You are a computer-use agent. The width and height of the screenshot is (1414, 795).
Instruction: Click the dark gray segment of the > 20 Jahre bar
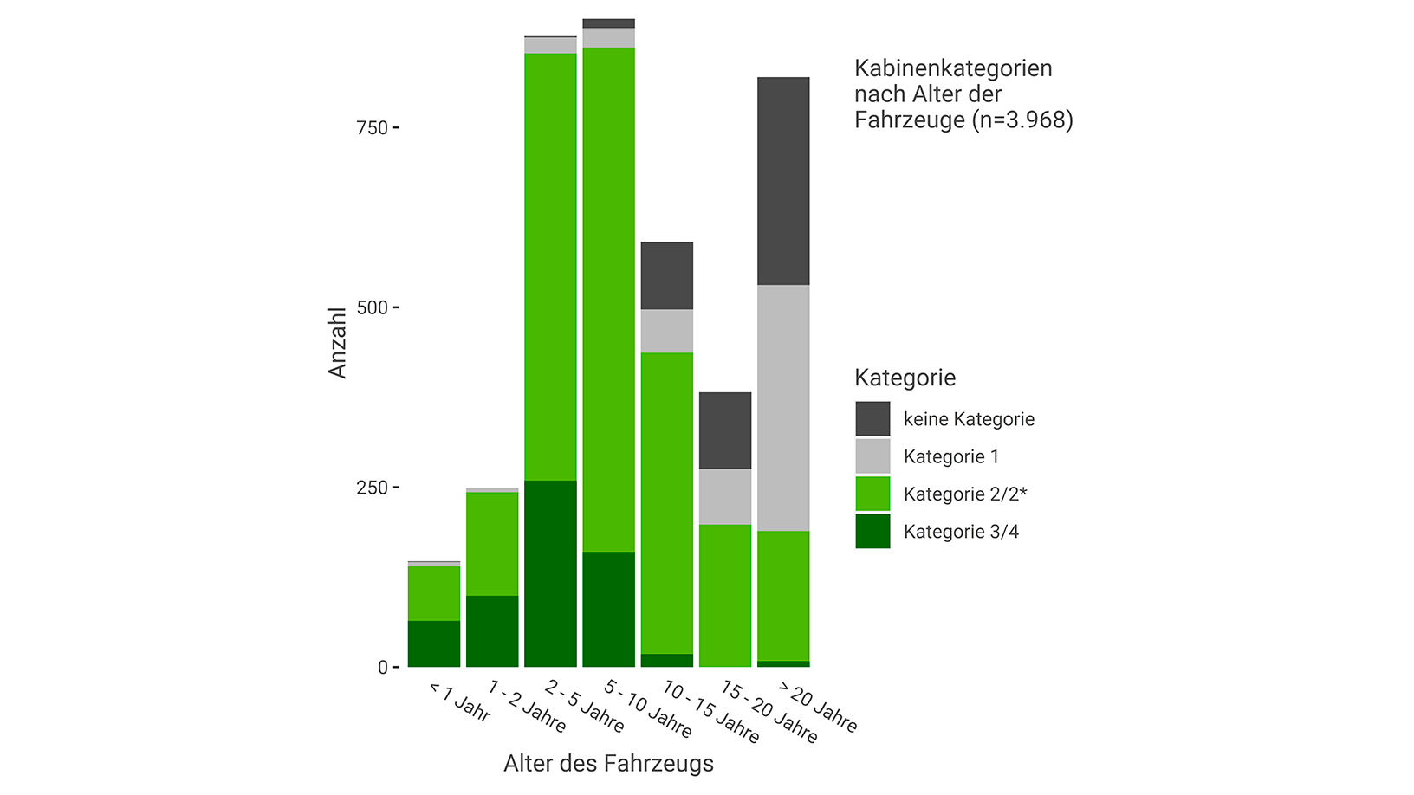pyautogui.click(x=783, y=181)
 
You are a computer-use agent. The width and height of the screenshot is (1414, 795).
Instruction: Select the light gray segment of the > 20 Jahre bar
pyautogui.click(x=783, y=408)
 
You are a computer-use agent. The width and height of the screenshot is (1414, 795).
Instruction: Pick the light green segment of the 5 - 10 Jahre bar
pyautogui.click(x=608, y=300)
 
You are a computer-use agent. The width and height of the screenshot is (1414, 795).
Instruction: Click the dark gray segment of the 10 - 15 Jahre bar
pyautogui.click(x=666, y=275)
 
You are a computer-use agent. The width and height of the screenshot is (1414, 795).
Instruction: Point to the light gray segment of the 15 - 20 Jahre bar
pyautogui.click(x=725, y=496)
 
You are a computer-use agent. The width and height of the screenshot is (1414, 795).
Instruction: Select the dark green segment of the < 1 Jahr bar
pyautogui.click(x=434, y=643)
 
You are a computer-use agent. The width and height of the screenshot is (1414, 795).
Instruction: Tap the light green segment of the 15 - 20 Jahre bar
pyautogui.click(x=725, y=596)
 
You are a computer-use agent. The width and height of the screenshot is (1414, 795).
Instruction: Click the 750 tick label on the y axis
pyautogui.click(x=372, y=128)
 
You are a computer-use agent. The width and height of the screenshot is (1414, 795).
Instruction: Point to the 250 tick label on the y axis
pyautogui.click(x=372, y=488)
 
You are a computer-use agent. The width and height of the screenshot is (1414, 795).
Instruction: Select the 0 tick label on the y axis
pyautogui.click(x=382, y=668)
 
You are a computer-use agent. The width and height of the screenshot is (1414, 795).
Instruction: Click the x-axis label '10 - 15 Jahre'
pyautogui.click(x=710, y=712)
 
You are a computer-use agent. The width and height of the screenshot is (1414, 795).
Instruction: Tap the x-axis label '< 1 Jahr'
pyautogui.click(x=460, y=702)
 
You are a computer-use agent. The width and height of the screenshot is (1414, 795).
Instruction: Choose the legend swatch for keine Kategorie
pyautogui.click(x=872, y=419)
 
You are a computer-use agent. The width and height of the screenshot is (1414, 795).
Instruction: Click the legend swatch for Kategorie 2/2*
pyautogui.click(x=872, y=494)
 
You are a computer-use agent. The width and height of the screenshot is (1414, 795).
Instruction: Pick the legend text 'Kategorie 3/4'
pyautogui.click(x=961, y=532)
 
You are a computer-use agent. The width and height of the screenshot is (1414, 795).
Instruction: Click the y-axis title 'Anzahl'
pyautogui.click(x=337, y=342)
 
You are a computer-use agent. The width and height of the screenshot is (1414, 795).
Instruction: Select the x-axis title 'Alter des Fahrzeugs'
pyautogui.click(x=608, y=764)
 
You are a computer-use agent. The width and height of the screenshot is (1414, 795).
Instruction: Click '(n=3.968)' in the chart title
pyautogui.click(x=1022, y=120)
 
